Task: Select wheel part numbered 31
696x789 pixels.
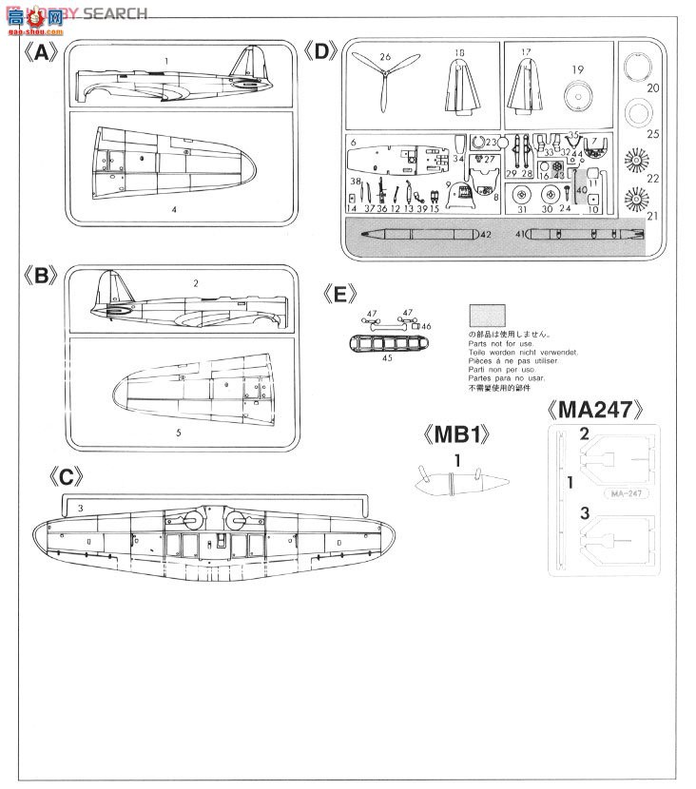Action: (x=521, y=196)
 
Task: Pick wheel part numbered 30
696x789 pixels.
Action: (x=548, y=196)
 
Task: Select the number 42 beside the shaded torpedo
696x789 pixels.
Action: (x=485, y=233)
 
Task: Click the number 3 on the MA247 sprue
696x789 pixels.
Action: (x=586, y=514)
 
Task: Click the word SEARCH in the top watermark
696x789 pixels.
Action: (x=115, y=13)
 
